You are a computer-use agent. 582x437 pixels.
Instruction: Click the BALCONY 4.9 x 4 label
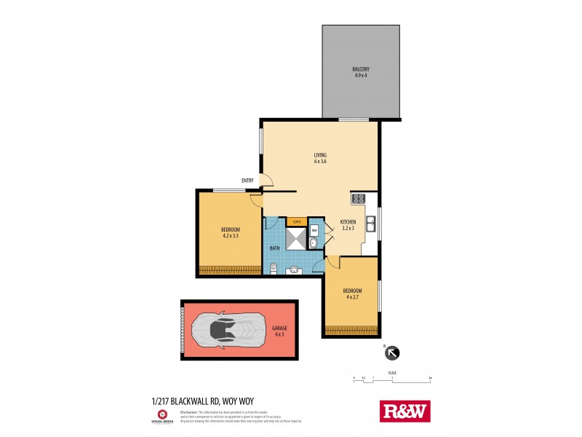coord(361,72)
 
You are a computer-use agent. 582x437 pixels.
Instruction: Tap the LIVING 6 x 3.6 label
coord(320,157)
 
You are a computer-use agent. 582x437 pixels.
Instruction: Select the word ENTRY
coord(249,181)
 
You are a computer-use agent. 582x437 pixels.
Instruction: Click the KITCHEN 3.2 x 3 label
coord(348,225)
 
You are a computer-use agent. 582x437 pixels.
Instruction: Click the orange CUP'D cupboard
coord(297,221)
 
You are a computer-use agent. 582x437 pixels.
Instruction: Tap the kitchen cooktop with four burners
coord(359,198)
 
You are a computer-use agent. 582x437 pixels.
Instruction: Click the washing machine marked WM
coord(314,230)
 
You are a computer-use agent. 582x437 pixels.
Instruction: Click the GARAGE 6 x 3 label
coord(279,331)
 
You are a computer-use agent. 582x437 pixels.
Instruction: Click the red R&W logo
coord(405,411)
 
